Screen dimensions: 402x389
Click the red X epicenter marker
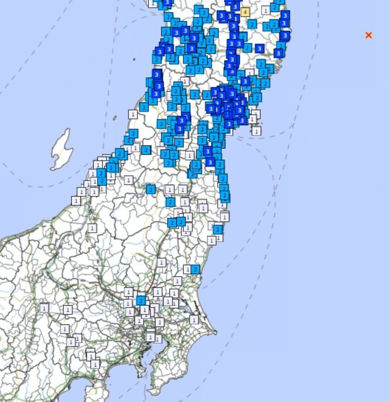[x=369, y=35]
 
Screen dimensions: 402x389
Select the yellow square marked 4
[x=245, y=12]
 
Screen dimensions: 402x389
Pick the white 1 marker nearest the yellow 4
[x=265, y=10]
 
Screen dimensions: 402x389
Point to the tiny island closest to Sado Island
[x=114, y=117]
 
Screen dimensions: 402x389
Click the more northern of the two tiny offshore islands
[x=134, y=59]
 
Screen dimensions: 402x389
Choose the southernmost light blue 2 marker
[x=141, y=300]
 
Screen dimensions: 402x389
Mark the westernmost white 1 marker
[x=44, y=308]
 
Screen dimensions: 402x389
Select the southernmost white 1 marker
[x=95, y=364]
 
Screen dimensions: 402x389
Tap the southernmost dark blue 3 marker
[x=210, y=162]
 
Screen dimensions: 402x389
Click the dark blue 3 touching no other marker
[x=259, y=49]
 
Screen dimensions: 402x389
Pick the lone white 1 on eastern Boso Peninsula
[x=194, y=319]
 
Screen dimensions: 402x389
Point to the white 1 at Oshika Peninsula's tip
[x=256, y=130]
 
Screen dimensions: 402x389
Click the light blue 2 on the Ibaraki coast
[x=195, y=269]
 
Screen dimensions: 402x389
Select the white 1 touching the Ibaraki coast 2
[x=187, y=269]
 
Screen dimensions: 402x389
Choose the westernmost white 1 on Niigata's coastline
[x=76, y=200]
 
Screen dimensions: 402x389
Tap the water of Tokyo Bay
[x=146, y=357]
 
